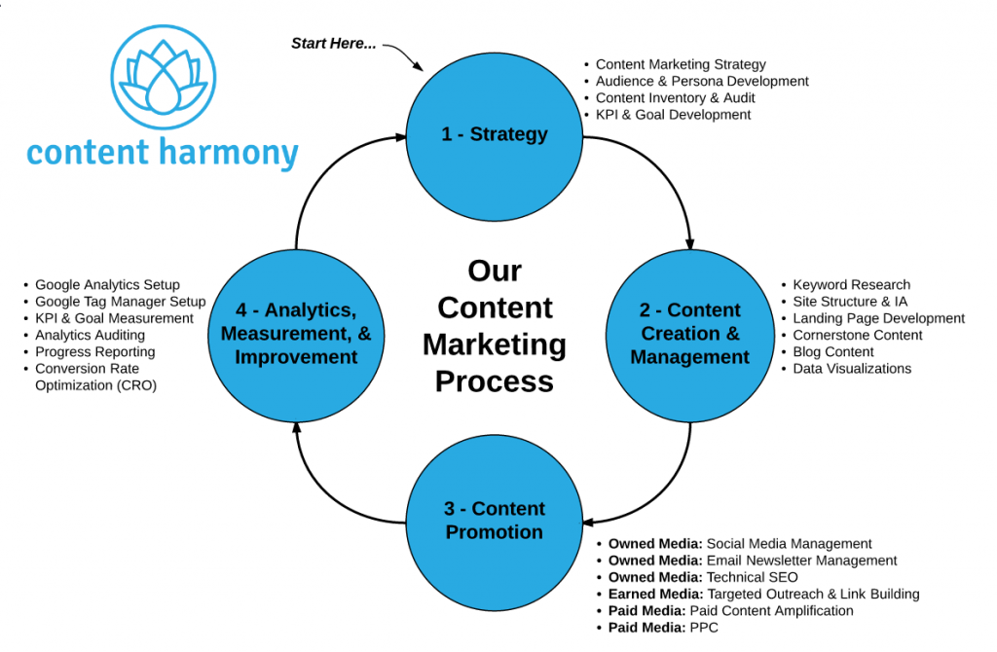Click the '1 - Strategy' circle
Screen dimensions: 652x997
[495, 134]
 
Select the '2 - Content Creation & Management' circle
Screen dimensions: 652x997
[690, 333]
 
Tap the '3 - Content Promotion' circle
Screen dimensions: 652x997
[495, 520]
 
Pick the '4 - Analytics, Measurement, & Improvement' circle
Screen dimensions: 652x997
[296, 333]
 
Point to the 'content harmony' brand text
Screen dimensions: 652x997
[163, 154]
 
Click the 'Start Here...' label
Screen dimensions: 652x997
[334, 44]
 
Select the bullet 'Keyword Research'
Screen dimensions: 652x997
[851, 285]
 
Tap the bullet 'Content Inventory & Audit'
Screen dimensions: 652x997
[675, 97]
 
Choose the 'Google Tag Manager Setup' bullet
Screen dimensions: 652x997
[120, 302]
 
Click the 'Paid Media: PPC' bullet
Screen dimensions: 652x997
[664, 628]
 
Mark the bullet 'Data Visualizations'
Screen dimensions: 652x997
[852, 369]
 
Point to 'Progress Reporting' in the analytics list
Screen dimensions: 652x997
[94, 351]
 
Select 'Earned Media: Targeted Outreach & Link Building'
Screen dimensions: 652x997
[763, 594]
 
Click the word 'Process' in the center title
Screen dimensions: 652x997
[495, 380]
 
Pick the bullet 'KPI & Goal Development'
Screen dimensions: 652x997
[673, 114]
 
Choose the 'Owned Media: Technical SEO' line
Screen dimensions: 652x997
[703, 577]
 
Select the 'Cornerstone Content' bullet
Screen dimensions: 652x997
[858, 335]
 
